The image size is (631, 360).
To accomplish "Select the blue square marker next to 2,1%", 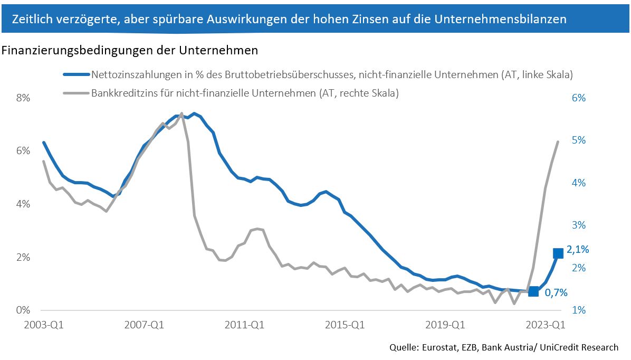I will point(558,253).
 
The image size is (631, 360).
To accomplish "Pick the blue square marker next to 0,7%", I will point(533,291).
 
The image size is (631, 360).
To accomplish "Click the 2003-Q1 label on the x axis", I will point(44,325).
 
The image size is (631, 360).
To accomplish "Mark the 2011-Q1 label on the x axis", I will point(244,325).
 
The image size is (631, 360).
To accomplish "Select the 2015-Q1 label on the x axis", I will point(345,325).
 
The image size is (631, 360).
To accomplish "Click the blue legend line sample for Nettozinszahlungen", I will point(76,75).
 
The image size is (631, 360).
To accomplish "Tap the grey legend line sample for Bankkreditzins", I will point(76,93).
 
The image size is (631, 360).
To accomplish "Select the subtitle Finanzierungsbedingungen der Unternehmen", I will point(130,51).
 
